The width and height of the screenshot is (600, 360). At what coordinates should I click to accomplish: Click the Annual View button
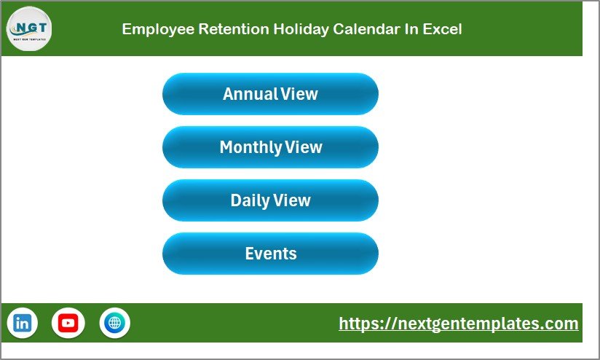point(270,94)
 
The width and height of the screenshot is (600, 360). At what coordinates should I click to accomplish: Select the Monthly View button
point(270,147)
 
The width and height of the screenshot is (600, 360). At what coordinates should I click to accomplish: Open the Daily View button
point(270,200)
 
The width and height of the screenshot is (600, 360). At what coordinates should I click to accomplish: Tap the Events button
point(270,254)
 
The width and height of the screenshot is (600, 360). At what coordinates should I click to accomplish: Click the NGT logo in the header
point(29,28)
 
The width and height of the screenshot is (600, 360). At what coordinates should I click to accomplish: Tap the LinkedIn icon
point(23,322)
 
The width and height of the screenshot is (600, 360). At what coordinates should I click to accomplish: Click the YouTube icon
point(68,322)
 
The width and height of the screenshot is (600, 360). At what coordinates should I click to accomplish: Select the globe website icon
point(114,322)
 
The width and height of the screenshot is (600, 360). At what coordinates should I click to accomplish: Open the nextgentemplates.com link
point(459,324)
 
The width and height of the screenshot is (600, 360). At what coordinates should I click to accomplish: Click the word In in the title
point(411,29)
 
